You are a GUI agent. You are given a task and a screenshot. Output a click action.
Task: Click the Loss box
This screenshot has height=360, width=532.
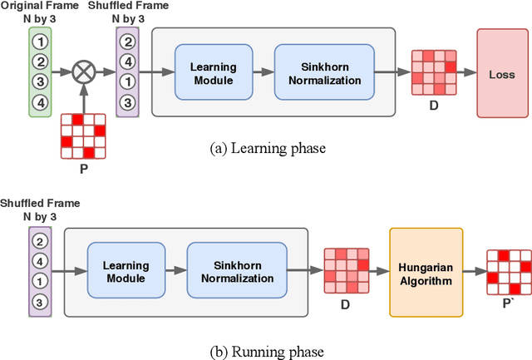[501, 74]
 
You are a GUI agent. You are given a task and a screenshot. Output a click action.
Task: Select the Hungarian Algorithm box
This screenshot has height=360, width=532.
[425, 270]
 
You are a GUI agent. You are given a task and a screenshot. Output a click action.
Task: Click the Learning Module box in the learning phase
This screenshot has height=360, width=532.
[213, 74]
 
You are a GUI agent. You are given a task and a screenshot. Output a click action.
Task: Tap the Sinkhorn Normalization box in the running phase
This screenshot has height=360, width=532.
[227, 270]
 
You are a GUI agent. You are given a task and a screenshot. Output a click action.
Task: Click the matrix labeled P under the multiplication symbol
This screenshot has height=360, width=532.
[81, 136]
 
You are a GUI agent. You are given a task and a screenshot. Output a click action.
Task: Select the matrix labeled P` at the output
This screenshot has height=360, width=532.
[508, 270]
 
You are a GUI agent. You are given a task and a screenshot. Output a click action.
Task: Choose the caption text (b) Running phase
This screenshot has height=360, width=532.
[267, 351]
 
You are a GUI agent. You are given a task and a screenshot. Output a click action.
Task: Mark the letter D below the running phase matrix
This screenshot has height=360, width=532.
[346, 304]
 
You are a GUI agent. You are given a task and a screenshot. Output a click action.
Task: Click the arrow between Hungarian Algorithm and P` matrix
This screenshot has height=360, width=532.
[472, 271]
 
